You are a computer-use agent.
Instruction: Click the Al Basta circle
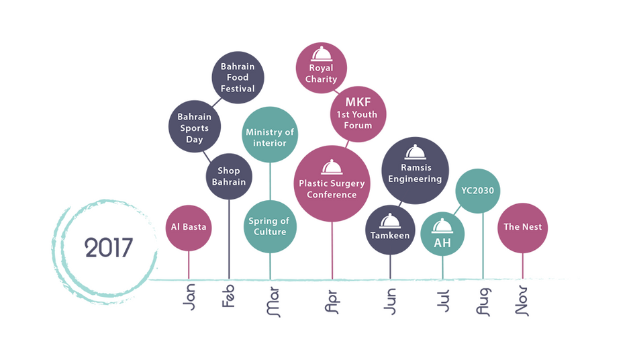click(x=189, y=227)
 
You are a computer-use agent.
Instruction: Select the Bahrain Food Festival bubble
click(x=238, y=78)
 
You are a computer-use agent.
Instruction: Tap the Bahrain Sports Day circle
click(x=194, y=128)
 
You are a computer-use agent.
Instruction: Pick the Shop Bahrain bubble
click(x=229, y=176)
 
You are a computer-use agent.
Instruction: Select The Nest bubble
click(x=523, y=227)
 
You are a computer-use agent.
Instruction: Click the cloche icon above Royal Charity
click(x=322, y=54)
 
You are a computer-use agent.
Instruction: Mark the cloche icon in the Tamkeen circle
click(x=390, y=220)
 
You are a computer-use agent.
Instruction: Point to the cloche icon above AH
click(x=442, y=226)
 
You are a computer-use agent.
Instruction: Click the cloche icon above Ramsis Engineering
click(x=416, y=152)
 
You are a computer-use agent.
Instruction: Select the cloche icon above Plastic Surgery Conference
click(x=332, y=167)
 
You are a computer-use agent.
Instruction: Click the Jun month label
click(x=391, y=300)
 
